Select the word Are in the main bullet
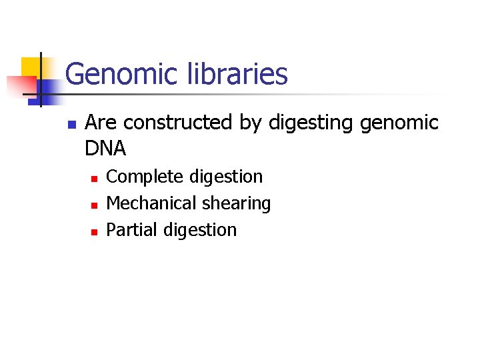pyautogui.click(x=102, y=123)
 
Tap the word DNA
pyautogui.click(x=105, y=147)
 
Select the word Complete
pyautogui.click(x=145, y=177)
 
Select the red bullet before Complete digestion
pyautogui.click(x=94, y=179)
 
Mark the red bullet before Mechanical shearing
pyautogui.click(x=94, y=205)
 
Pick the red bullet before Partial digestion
pyautogui.click(x=94, y=232)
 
